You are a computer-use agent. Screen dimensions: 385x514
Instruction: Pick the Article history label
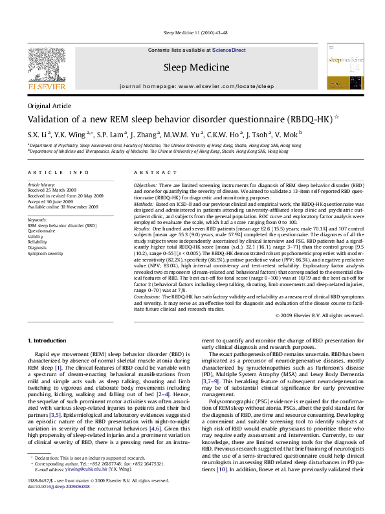tap(42, 185)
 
